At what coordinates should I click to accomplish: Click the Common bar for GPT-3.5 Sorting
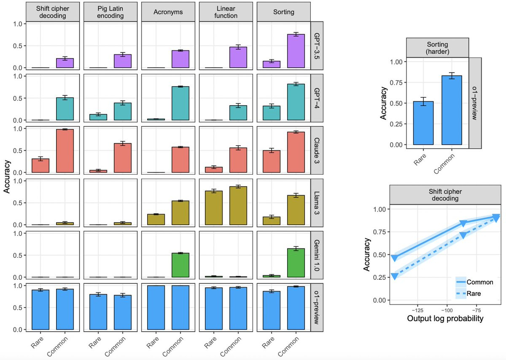point(296,51)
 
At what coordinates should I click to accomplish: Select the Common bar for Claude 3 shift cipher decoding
point(65,151)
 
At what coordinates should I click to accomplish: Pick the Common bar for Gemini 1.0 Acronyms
point(180,265)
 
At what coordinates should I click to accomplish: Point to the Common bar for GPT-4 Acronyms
point(180,103)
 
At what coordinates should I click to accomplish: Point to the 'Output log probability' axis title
point(445,319)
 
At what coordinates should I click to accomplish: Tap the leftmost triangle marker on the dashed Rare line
point(395,276)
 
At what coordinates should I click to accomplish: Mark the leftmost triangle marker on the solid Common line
point(395,258)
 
